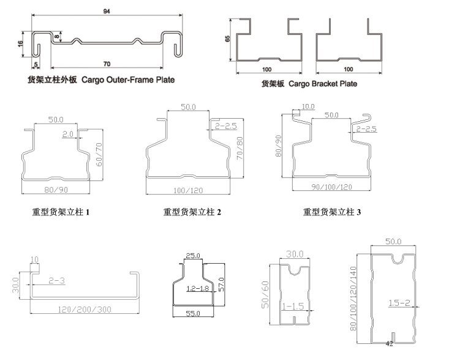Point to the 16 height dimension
[20, 44]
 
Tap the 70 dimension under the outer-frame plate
[107, 63]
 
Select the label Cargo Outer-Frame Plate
[101, 80]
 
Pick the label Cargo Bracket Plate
[309, 83]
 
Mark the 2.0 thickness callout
[67, 133]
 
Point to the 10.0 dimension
[309, 106]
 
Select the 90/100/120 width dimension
[328, 187]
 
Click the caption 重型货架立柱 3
[332, 212]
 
